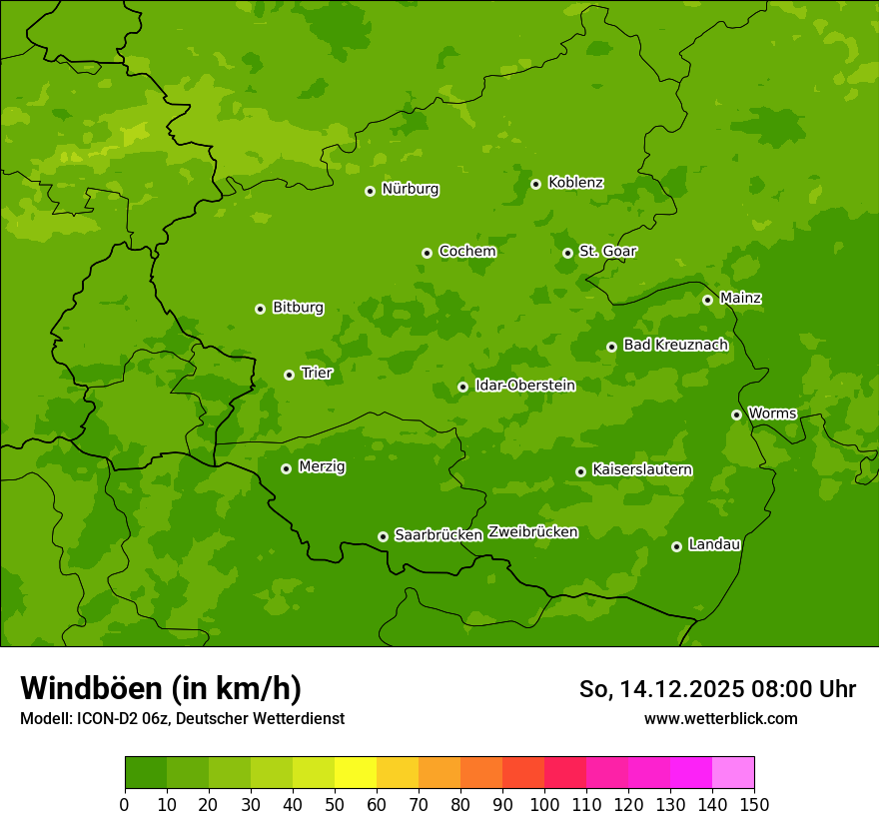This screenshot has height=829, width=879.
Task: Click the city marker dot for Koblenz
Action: [x=535, y=184]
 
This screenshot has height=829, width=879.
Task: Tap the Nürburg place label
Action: [x=410, y=189]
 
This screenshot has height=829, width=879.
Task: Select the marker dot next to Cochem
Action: [x=427, y=253]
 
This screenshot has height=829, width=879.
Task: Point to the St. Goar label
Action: [x=607, y=251]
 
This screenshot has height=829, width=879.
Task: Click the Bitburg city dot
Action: [x=260, y=309]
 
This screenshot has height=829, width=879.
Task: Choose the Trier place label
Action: [x=317, y=373]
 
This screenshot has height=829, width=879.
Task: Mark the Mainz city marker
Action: [x=707, y=300]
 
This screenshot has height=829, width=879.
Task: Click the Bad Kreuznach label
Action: [x=675, y=345]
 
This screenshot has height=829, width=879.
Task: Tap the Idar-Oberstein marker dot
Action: [x=462, y=387]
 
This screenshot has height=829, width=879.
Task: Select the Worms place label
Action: [x=772, y=413]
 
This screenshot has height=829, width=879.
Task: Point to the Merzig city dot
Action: [x=286, y=468]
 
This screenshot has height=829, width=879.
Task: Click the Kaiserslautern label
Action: [x=642, y=469]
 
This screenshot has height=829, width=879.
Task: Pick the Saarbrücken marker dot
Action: [x=383, y=536]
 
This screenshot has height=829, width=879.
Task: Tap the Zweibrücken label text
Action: [x=532, y=532]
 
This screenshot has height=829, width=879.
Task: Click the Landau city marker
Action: [x=676, y=546]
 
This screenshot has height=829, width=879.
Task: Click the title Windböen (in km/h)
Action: [x=161, y=688]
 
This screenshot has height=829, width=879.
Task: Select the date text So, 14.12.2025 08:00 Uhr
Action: [x=717, y=689]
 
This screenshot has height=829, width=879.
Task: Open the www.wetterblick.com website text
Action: [x=720, y=718]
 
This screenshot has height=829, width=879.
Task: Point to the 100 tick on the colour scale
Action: [x=544, y=804]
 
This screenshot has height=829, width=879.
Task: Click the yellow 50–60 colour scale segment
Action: [x=356, y=773]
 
